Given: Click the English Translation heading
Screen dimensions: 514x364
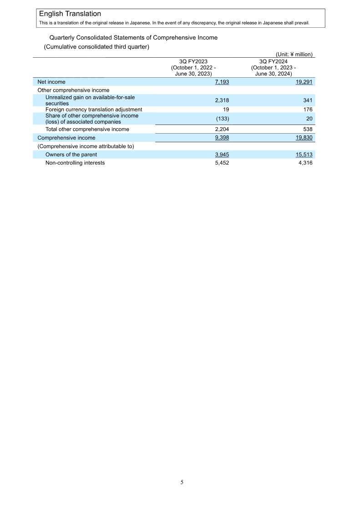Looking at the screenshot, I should (x=70, y=14).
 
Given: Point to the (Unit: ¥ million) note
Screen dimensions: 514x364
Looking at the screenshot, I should (x=294, y=54).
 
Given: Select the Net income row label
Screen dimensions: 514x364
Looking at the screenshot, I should (x=51, y=82).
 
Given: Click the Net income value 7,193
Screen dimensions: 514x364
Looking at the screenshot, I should (x=222, y=82).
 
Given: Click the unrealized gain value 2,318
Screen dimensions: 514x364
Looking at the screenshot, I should (x=222, y=100).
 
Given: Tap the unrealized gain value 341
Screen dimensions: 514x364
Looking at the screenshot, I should (x=308, y=100).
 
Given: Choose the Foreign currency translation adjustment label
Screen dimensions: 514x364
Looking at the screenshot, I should (x=94, y=110).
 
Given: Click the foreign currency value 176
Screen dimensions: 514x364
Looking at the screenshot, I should (x=308, y=110).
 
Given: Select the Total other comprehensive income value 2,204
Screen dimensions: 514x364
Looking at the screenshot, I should (x=222, y=129).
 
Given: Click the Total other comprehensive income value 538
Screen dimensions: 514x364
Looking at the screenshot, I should (x=308, y=129).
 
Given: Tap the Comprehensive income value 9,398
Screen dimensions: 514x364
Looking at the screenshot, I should (x=222, y=138).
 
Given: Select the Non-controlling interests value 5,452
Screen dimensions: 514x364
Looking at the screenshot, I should (x=222, y=163).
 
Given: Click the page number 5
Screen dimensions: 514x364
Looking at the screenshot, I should (x=182, y=482).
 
